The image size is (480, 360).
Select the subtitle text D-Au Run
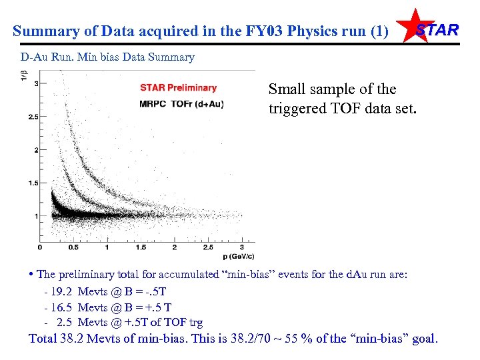coord(44,57)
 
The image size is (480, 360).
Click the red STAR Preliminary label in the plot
coord(178,87)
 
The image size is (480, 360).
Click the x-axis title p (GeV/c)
coord(237,256)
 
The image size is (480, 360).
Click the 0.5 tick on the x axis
coord(73,247)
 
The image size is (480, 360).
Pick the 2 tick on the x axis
coord(175,247)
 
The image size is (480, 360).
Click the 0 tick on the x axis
coord(39,247)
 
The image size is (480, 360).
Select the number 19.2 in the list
coord(60,292)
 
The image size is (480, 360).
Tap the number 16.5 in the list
coord(60,307)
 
